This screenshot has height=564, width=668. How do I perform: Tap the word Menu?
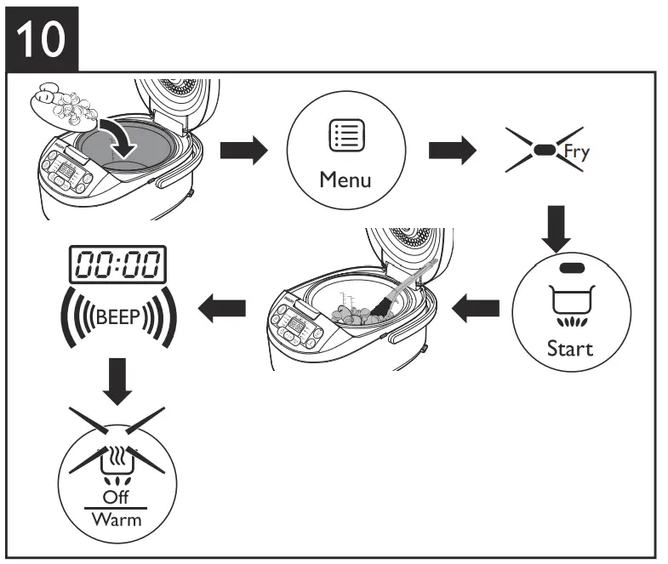(345, 179)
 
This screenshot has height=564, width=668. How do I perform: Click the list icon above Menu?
(346, 136)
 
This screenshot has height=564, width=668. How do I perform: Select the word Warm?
(117, 518)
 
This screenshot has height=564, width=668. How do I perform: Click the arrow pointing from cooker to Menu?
(243, 151)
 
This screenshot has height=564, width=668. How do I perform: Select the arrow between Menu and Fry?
(451, 151)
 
